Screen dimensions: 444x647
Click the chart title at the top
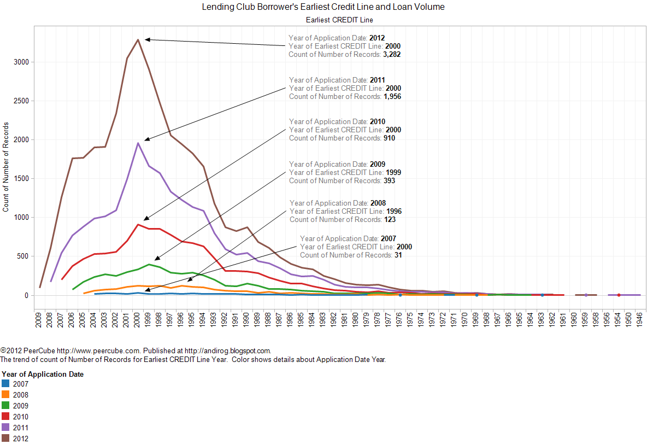(x=323, y=7)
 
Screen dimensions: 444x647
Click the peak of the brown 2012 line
(x=138, y=39)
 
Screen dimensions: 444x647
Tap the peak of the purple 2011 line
(x=138, y=143)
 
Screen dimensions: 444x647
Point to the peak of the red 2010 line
(x=138, y=224)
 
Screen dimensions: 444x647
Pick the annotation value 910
(x=389, y=138)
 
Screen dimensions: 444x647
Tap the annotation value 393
(x=389, y=180)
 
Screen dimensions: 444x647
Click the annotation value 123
(x=389, y=219)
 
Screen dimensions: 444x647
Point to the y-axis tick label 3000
(x=21, y=62)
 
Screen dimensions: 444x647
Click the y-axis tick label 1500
(x=21, y=179)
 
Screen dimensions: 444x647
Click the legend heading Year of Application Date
(x=43, y=375)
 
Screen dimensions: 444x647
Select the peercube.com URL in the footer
(x=83, y=350)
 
